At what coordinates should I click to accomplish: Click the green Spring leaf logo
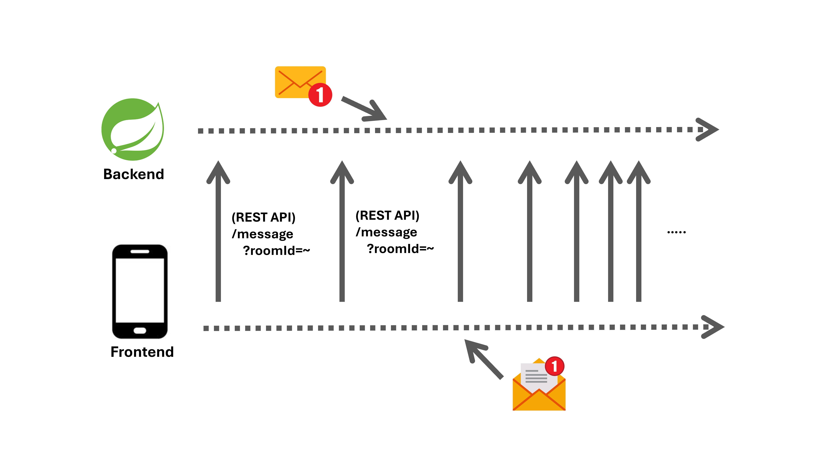click(133, 129)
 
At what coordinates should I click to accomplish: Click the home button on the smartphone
click(140, 330)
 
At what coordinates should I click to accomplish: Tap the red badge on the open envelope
click(555, 366)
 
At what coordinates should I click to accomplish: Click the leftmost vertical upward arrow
click(218, 231)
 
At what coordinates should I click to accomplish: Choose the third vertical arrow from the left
click(460, 231)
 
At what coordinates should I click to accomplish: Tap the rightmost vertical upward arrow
click(639, 231)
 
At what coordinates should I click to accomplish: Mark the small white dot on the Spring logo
click(114, 151)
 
